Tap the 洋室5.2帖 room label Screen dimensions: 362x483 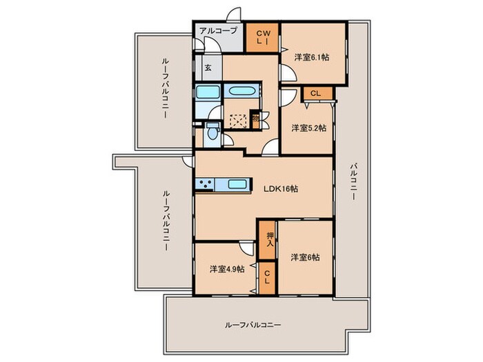tap(308, 128)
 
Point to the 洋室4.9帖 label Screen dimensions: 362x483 tap(226, 269)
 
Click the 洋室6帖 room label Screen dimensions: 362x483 tap(305, 257)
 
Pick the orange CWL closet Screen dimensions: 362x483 tap(264, 37)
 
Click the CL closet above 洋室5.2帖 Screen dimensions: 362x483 tap(315, 93)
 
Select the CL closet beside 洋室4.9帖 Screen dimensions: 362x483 tap(266, 280)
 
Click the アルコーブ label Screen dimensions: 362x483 tap(219, 30)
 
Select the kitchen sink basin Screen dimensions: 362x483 tap(237, 184)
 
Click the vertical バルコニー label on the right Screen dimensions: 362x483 tap(353, 181)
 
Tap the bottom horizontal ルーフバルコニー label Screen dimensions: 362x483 tap(253, 325)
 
